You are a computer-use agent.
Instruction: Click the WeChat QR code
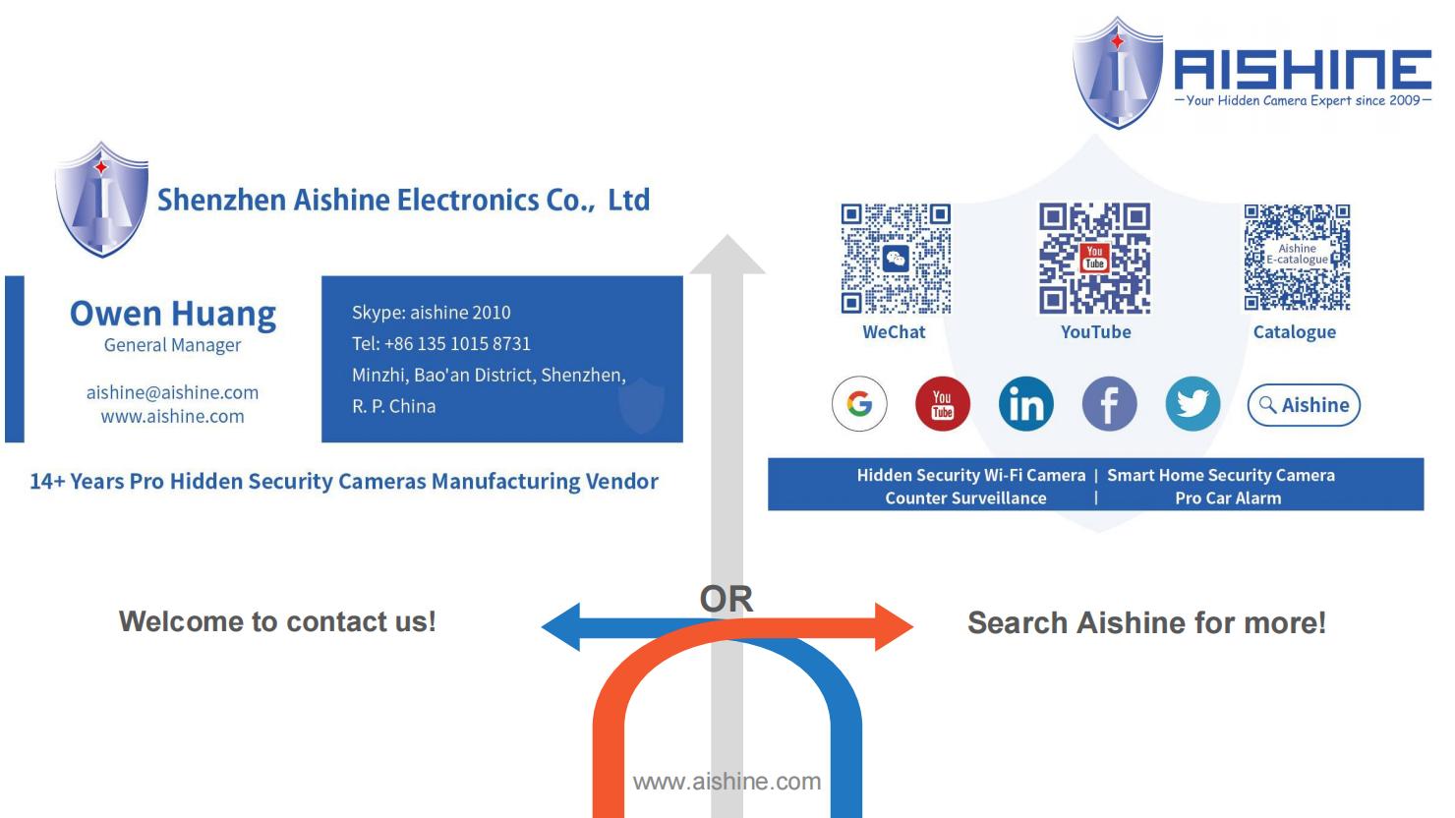(896, 259)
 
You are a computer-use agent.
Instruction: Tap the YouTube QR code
(1094, 258)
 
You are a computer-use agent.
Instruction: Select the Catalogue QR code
(1297, 258)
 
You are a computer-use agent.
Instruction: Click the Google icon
(859, 403)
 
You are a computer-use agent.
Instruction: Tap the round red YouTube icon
(943, 403)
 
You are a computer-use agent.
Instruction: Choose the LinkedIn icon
(1025, 403)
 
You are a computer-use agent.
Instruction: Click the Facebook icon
(1109, 403)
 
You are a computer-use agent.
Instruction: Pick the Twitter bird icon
(1193, 403)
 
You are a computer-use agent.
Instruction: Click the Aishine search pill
(1304, 405)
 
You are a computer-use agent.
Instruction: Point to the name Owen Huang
(173, 315)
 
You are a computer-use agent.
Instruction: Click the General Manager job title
(172, 345)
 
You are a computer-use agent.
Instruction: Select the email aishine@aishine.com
(172, 392)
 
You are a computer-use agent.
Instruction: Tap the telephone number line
(441, 344)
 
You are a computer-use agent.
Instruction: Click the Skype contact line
(432, 313)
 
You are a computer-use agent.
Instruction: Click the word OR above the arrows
(727, 599)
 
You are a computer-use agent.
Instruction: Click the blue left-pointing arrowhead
(560, 627)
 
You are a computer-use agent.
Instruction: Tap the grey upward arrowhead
(727, 255)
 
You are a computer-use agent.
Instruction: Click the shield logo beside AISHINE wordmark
(1117, 72)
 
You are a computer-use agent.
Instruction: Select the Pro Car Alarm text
(1228, 498)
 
